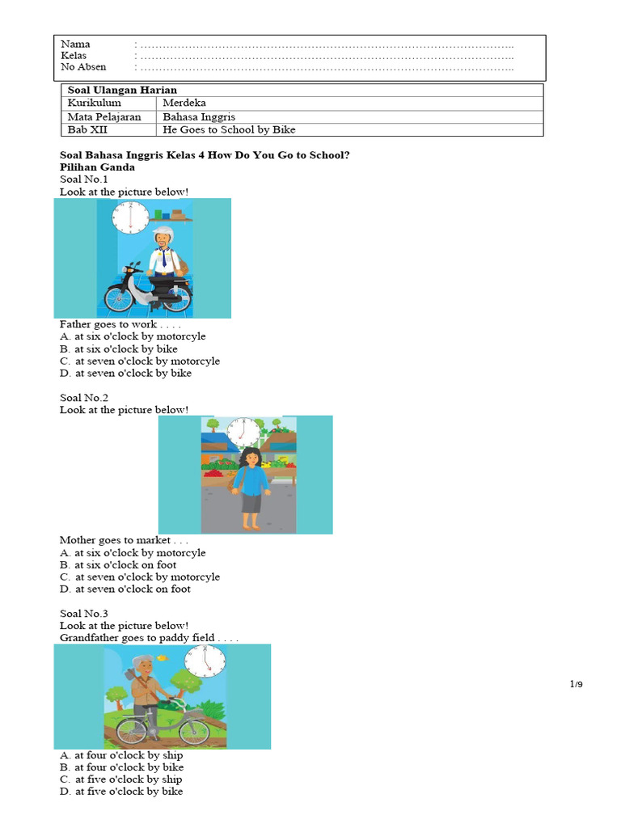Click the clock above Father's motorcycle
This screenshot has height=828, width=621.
tap(130, 218)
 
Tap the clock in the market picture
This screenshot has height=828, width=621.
tap(243, 433)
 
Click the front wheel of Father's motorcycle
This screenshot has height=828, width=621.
tap(119, 298)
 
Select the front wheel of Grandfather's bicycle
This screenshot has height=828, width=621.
tap(195, 732)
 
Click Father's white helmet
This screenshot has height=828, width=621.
tap(163, 234)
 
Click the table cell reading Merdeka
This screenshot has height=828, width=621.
tap(184, 103)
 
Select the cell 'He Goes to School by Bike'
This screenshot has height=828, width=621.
tap(229, 129)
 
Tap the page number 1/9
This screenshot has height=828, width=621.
tap(576, 685)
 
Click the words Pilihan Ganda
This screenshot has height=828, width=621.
tap(97, 167)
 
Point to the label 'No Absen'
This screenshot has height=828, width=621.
tap(83, 67)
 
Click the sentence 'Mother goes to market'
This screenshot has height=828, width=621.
tap(115, 540)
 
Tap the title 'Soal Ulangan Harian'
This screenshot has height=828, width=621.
tap(122, 90)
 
